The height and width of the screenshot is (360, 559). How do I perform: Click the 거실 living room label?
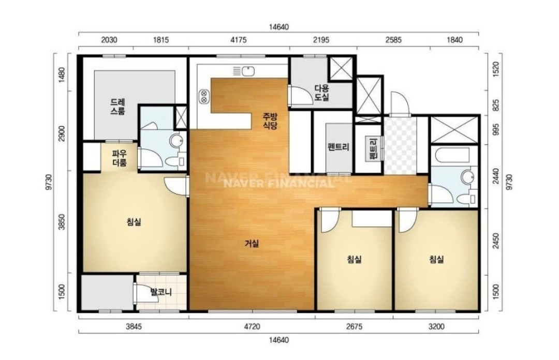tap(252, 244)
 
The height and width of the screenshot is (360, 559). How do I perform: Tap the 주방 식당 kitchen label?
tap(270, 121)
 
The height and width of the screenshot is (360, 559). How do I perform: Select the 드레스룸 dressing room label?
tap(117, 107)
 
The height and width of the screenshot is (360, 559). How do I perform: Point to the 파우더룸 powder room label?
tap(120, 159)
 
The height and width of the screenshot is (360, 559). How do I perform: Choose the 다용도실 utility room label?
tap(321, 93)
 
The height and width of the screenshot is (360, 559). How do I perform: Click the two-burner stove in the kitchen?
tap(204, 96)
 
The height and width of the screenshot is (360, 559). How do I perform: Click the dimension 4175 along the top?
tap(239, 39)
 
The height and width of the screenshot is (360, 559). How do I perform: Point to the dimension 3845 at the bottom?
tap(134, 326)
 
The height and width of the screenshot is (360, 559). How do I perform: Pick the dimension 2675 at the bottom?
tap(354, 326)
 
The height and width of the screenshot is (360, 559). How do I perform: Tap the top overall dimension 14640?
tap(279, 27)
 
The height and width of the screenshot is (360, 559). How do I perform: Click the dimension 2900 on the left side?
tap(62, 133)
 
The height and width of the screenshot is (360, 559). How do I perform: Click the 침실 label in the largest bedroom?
tap(134, 222)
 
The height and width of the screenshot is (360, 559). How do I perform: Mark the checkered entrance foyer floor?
tap(400, 145)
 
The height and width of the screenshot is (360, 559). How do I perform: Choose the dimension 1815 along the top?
tap(161, 39)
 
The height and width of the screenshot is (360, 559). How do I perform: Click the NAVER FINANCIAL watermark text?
tap(278, 184)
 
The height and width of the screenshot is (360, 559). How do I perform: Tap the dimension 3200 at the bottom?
tap(436, 326)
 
